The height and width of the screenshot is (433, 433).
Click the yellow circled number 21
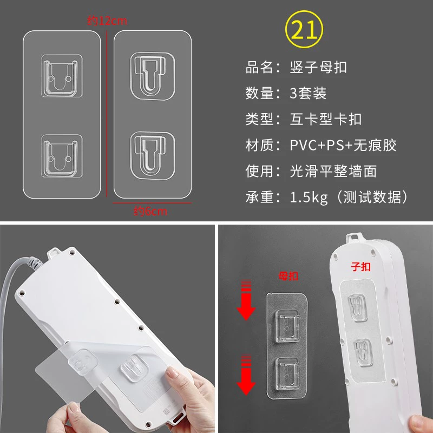click(x=304, y=29)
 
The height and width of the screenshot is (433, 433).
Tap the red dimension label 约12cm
click(x=107, y=21)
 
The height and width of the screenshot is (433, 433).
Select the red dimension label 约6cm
click(x=150, y=211)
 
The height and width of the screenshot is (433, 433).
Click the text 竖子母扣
click(x=318, y=67)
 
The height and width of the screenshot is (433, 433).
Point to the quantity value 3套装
click(x=308, y=93)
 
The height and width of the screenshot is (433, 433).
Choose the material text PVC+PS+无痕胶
click(x=343, y=145)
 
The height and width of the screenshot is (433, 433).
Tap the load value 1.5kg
click(x=309, y=198)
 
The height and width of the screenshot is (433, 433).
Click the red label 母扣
click(x=288, y=276)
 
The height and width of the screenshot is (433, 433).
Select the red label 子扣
click(x=360, y=267)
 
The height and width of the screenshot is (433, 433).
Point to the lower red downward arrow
click(x=246, y=374)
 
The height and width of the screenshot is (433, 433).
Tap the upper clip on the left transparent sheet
click(x=62, y=76)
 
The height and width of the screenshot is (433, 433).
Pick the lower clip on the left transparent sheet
click(x=62, y=156)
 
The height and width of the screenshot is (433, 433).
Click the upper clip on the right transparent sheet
click(x=153, y=76)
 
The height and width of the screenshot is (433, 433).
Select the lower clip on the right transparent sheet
click(x=153, y=155)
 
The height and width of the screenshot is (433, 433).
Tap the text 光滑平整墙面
click(x=333, y=171)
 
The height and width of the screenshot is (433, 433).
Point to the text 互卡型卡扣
click(x=326, y=119)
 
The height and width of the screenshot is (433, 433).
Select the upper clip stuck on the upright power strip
click(x=357, y=308)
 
